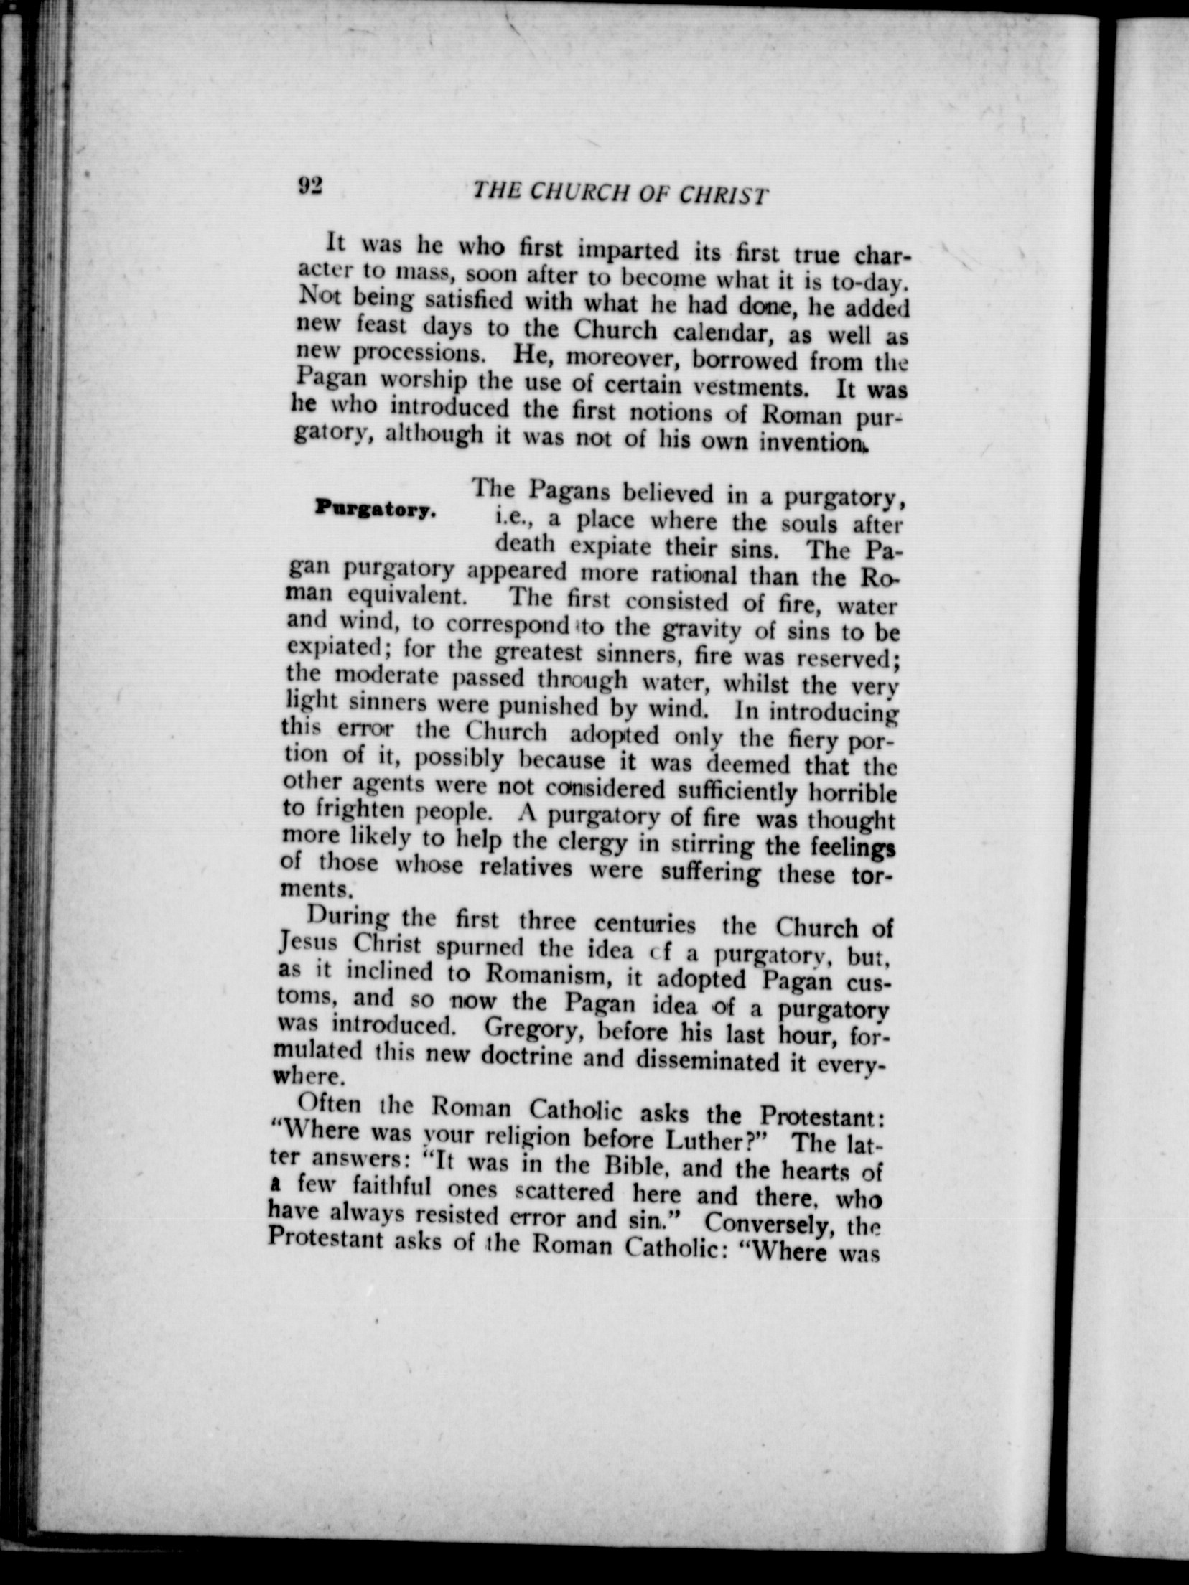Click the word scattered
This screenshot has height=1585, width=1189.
click(564, 1191)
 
